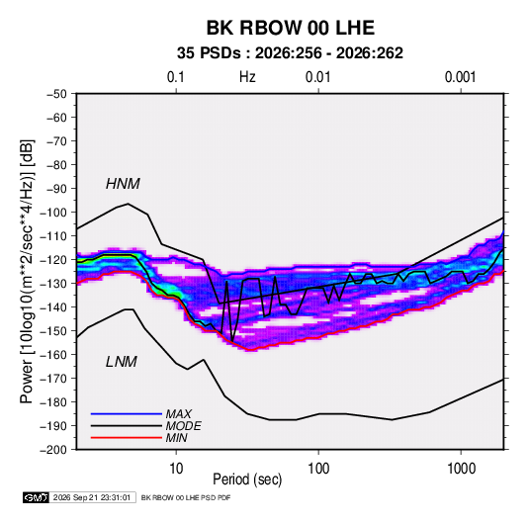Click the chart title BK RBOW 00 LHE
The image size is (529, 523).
click(290, 28)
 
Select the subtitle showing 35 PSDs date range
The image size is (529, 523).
click(290, 53)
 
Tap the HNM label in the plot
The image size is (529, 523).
click(123, 184)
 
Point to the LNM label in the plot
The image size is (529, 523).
click(122, 362)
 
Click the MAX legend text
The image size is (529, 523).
click(179, 414)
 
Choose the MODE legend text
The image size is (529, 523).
click(184, 426)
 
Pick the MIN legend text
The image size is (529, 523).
click(176, 438)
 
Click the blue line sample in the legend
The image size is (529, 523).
click(127, 414)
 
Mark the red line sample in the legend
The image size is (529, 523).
click(127, 438)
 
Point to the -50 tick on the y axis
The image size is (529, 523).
click(56, 94)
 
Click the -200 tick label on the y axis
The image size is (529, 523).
click(53, 450)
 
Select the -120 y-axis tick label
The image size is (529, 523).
click(53, 260)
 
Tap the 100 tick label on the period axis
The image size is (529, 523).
click(318, 469)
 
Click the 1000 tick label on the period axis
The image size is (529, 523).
click(461, 469)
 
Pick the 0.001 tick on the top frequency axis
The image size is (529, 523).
click(461, 77)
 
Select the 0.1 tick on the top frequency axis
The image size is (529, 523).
click(176, 77)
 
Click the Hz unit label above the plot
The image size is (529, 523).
click(247, 77)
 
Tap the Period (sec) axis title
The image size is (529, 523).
click(247, 479)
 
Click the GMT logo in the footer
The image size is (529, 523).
click(37, 497)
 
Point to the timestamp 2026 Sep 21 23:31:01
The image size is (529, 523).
click(92, 497)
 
